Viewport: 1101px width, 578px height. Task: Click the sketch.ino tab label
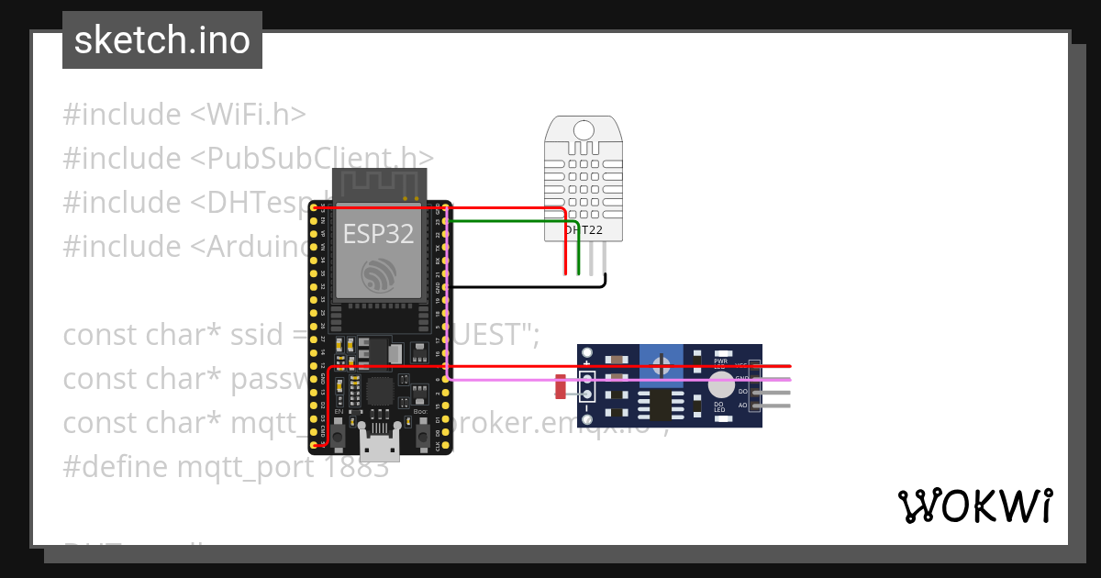tap(161, 40)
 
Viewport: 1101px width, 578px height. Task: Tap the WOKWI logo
tap(974, 506)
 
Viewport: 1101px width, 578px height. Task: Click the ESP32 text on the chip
tap(378, 233)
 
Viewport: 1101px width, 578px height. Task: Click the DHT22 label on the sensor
tap(584, 229)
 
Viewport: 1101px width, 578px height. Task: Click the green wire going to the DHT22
tap(514, 221)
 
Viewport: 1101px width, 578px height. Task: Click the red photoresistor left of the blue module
tap(560, 386)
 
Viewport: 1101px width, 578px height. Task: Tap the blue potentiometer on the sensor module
tap(661, 365)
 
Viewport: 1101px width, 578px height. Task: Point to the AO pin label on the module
tap(743, 405)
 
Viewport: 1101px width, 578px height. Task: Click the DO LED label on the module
tap(719, 406)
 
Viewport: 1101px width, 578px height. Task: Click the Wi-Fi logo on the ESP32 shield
tap(378, 273)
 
